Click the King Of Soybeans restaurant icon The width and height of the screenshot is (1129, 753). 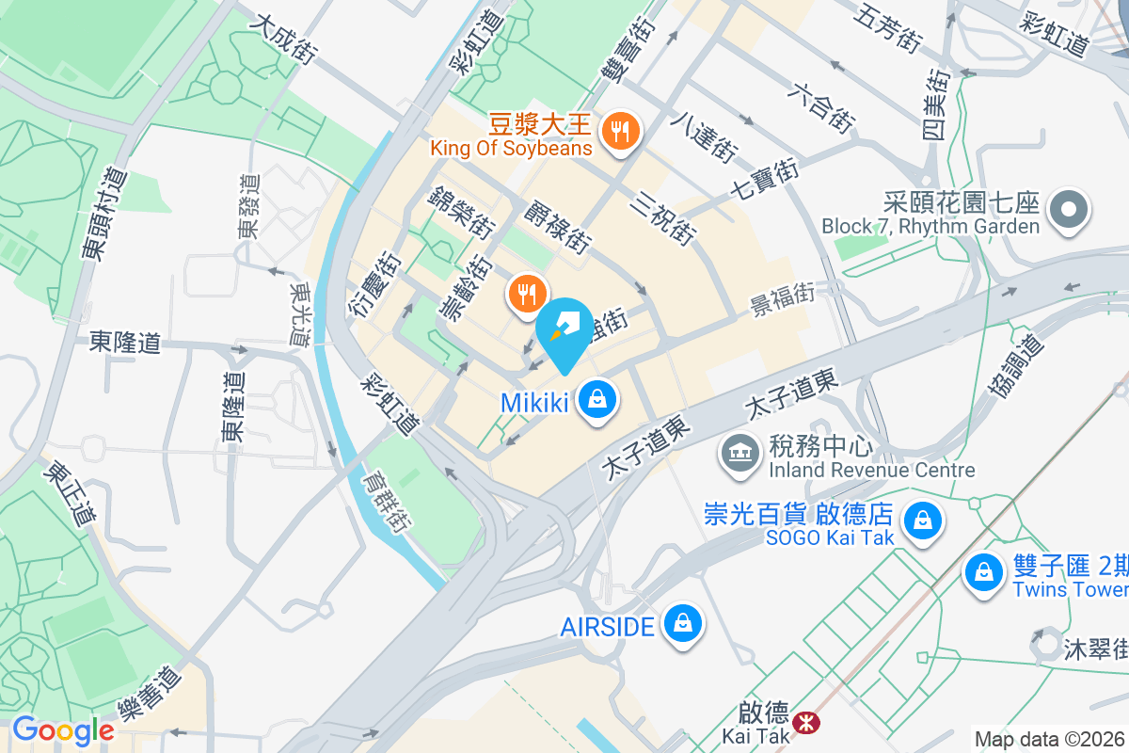coord(620,131)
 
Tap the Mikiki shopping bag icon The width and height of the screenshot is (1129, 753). coord(597,401)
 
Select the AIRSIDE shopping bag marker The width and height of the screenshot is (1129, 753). coord(682,624)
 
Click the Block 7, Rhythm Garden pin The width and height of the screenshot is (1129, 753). coord(1069,209)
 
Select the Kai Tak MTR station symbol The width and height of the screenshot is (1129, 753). coord(804,722)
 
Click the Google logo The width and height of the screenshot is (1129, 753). coord(62,729)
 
